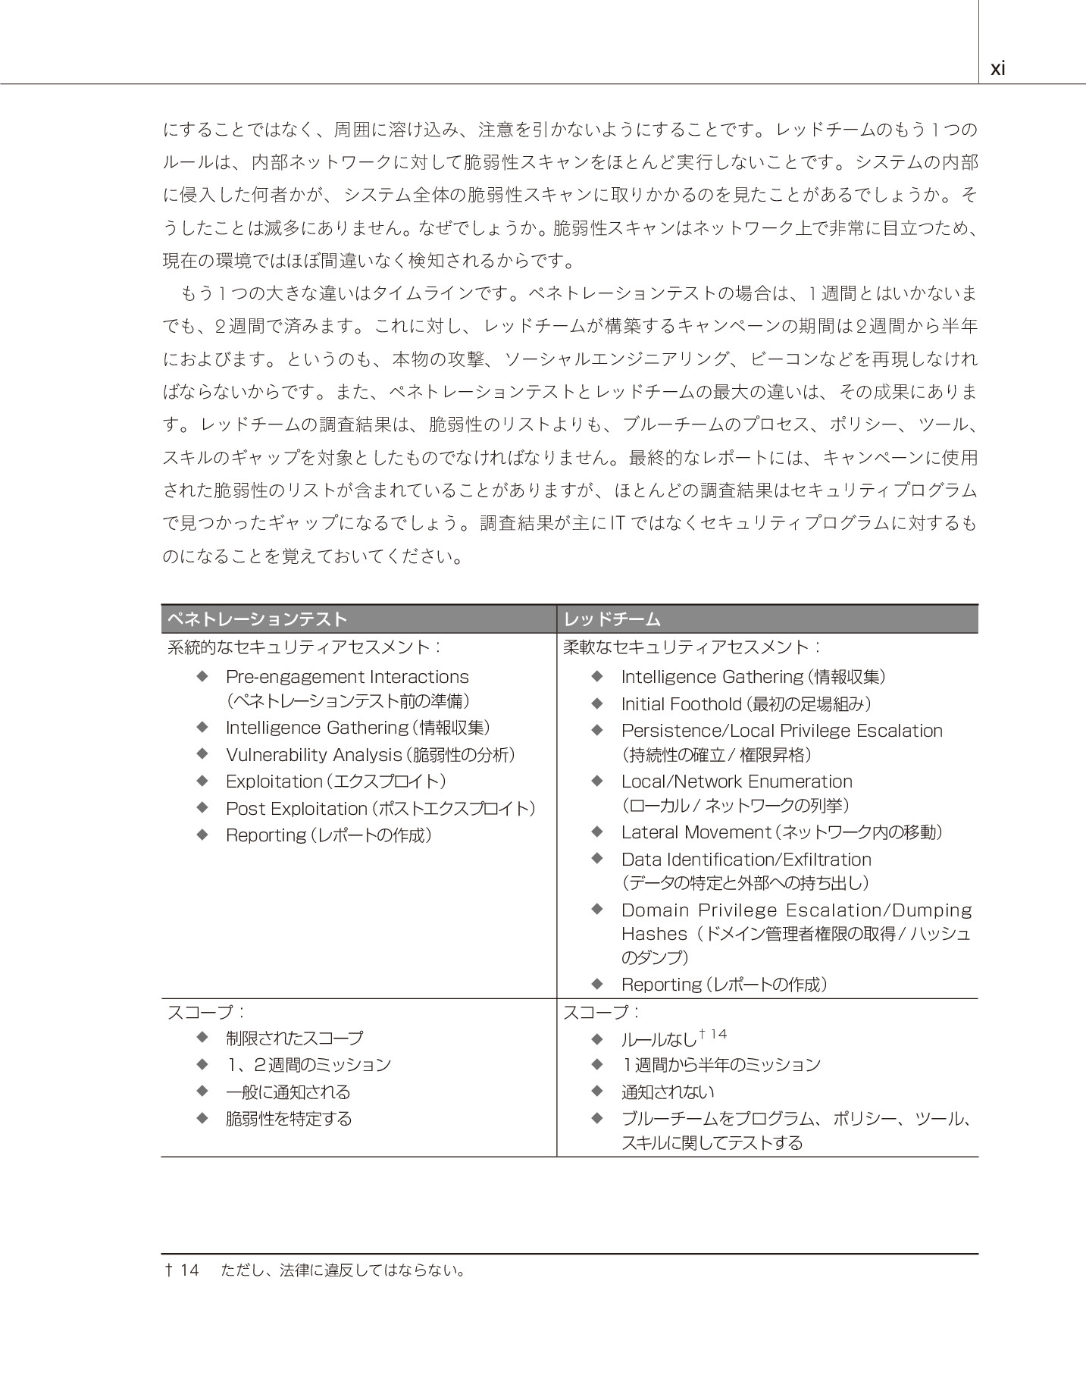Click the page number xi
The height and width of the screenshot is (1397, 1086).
point(997,69)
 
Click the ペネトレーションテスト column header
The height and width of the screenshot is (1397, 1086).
point(257,619)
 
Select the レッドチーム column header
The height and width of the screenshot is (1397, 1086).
point(612,619)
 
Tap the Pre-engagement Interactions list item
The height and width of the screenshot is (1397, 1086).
point(347,677)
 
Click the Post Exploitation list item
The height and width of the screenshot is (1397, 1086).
point(296,809)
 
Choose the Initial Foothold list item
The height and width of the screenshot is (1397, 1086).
point(681,704)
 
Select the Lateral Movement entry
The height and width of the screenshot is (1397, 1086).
point(696,832)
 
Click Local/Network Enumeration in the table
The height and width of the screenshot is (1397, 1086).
point(737,782)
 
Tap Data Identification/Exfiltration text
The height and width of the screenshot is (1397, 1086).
point(746,860)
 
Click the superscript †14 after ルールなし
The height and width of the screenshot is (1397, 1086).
point(713,1034)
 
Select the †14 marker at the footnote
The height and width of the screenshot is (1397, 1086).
point(182,1270)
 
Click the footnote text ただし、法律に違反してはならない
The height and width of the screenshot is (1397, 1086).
point(343,1270)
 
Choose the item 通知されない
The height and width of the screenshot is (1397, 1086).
point(668,1092)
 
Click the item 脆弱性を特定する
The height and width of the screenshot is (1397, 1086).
point(289,1119)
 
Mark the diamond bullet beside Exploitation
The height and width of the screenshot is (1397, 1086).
point(202,781)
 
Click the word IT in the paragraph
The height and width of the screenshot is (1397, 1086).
point(618,524)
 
